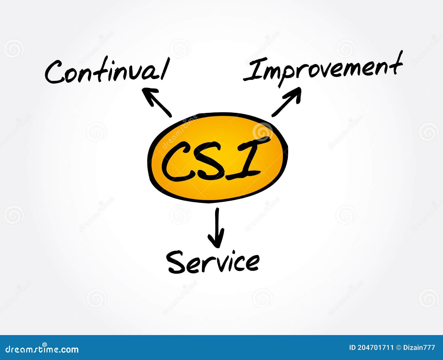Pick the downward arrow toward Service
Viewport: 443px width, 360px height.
[x=216, y=227]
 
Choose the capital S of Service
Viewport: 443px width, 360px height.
[x=176, y=262]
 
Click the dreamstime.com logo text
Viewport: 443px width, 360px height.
[x=42, y=349]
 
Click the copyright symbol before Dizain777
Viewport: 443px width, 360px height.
[x=399, y=348]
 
